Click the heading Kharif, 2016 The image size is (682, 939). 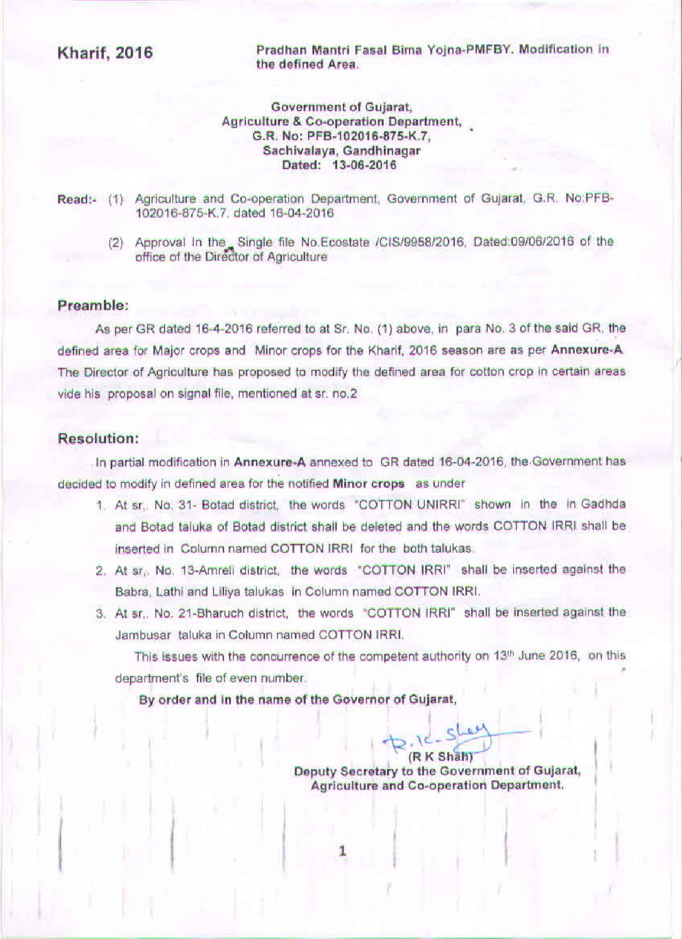[105, 53]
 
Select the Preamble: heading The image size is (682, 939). [93, 306]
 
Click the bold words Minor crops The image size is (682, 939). [368, 484]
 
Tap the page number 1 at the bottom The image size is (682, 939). [343, 852]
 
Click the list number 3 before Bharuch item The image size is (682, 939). [100, 614]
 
